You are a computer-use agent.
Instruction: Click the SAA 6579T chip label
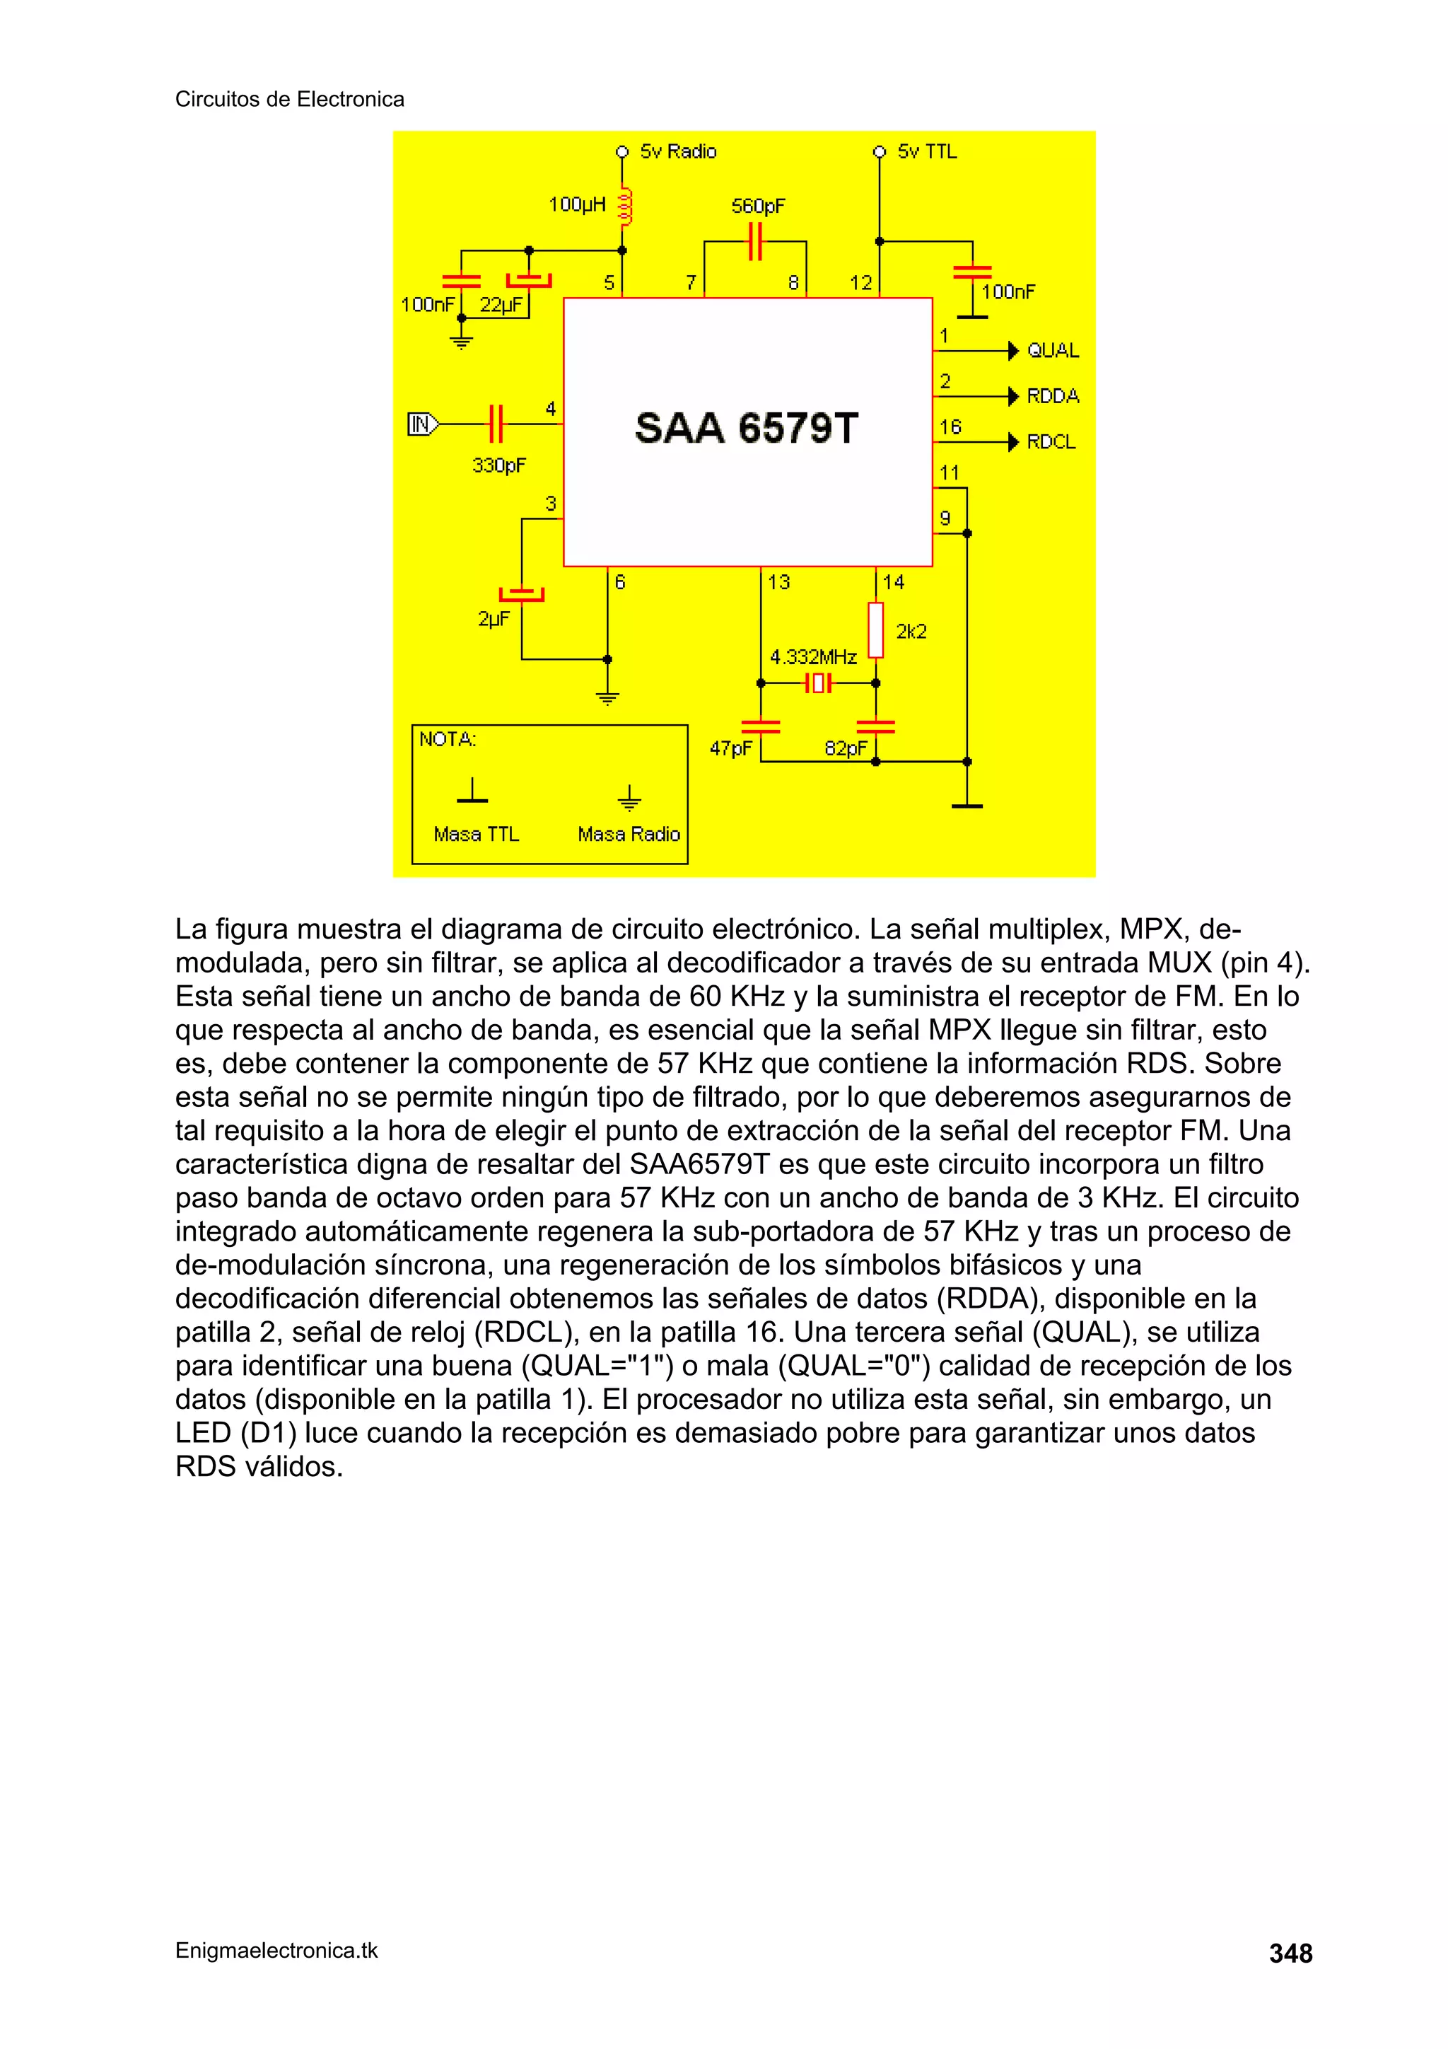(746, 429)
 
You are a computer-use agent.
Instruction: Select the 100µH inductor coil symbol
(624, 207)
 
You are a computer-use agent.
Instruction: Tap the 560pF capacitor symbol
(755, 242)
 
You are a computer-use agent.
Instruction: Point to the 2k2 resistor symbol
(876, 630)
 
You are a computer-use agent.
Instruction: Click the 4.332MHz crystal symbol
(818, 685)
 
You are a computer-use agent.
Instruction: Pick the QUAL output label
(1053, 351)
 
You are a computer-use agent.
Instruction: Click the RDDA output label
(1053, 396)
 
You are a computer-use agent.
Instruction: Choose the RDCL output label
(1051, 442)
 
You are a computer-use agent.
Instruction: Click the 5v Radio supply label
(678, 151)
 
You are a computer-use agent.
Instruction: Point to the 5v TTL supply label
(927, 151)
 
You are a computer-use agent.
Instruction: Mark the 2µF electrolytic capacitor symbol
(522, 594)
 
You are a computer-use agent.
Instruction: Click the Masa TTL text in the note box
(476, 835)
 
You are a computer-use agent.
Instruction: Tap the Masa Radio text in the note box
(629, 835)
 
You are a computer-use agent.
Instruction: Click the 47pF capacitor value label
(730, 749)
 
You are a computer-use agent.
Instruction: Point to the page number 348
(1290, 1954)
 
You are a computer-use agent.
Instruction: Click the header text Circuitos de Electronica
(289, 99)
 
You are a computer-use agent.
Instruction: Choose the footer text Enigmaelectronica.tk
(276, 1951)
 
